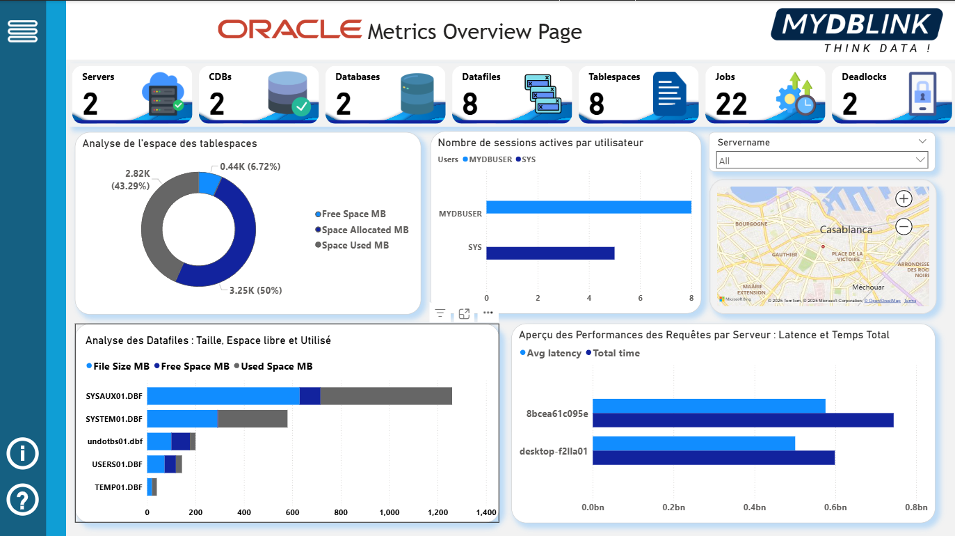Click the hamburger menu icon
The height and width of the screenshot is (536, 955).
(x=22, y=31)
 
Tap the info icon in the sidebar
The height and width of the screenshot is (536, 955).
(x=22, y=454)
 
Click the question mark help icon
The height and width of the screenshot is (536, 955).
(x=22, y=500)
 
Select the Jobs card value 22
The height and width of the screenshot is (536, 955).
(x=731, y=104)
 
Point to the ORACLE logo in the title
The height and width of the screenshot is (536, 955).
(x=289, y=29)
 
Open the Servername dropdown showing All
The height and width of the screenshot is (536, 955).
(x=821, y=161)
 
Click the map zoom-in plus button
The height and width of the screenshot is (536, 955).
(x=904, y=199)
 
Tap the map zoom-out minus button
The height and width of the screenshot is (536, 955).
(x=904, y=226)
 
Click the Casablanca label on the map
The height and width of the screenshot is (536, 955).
(x=846, y=230)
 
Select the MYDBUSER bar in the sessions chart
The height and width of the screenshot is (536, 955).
(x=588, y=207)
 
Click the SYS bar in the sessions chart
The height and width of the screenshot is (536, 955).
(x=549, y=253)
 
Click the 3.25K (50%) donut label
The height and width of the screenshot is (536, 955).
(x=255, y=290)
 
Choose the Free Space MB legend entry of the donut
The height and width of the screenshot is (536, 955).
(x=353, y=214)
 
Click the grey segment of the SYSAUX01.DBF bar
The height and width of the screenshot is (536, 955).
(x=386, y=396)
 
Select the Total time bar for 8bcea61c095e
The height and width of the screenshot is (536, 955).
(x=742, y=420)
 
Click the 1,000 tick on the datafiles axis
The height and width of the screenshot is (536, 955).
(x=389, y=513)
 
